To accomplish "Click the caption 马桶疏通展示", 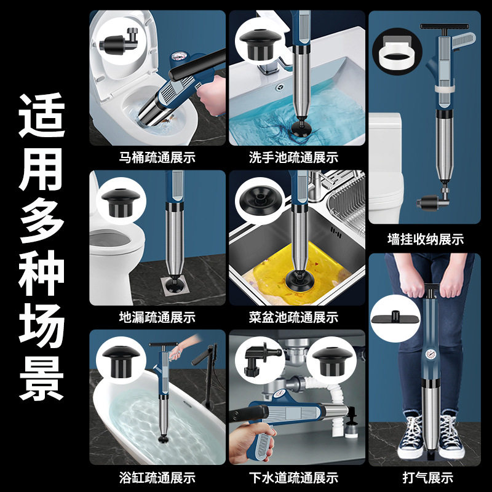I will (157, 157).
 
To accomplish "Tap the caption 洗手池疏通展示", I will (293, 157).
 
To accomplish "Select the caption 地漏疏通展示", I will (157, 317).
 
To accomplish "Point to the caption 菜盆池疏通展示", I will (293, 317).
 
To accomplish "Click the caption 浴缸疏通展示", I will (157, 477).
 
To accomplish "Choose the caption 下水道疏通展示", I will (293, 477).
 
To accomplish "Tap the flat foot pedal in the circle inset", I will (397, 317).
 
